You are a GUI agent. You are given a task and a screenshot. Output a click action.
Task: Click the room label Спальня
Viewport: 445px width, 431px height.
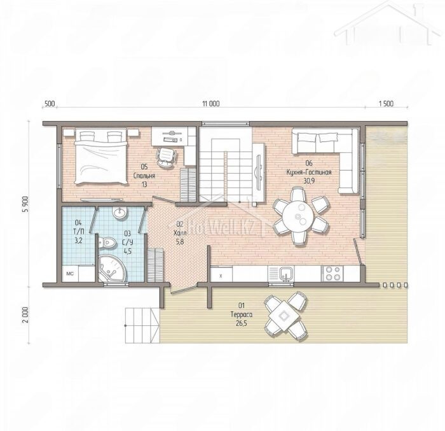[x=144, y=176]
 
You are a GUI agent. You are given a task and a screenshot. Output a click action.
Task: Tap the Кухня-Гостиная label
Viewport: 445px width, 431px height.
[x=309, y=172]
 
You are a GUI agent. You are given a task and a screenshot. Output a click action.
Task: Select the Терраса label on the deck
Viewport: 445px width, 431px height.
[x=241, y=314]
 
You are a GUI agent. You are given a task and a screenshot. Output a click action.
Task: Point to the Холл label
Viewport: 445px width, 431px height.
[x=180, y=234]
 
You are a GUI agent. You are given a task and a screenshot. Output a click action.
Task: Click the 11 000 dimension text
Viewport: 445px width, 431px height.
[x=211, y=104]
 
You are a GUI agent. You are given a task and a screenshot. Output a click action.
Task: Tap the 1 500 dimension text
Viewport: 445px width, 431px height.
[x=387, y=104]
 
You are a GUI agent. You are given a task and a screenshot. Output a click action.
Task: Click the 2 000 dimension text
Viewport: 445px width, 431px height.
[x=26, y=314]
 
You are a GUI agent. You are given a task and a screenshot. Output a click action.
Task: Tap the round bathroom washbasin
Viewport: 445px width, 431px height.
[x=120, y=213]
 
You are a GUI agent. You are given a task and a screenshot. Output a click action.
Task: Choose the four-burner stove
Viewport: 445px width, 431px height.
[x=332, y=274]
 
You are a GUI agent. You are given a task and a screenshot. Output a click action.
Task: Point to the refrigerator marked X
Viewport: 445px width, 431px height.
[x=221, y=274]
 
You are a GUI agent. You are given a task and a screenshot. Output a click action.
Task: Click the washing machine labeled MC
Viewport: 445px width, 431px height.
[x=70, y=274]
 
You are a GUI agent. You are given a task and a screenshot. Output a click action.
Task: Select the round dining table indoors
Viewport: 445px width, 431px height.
[x=298, y=217]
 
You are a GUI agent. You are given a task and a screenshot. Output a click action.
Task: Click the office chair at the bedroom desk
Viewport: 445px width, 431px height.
[x=167, y=157]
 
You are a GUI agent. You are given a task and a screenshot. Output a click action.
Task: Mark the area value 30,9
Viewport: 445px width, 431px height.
[x=309, y=181]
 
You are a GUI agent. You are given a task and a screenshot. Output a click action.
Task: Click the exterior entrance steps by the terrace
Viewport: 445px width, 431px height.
[x=142, y=325]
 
